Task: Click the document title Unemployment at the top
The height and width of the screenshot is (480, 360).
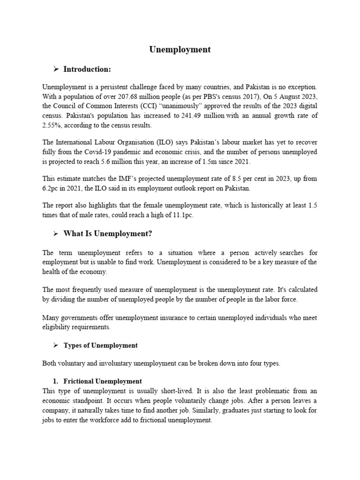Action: (x=180, y=50)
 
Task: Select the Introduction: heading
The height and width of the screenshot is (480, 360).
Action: (x=87, y=69)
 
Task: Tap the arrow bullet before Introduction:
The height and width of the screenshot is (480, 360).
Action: (x=56, y=69)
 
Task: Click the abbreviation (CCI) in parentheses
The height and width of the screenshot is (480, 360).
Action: (x=141, y=106)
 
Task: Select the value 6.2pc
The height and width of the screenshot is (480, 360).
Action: (x=52, y=188)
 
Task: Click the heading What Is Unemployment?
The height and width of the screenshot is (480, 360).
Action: (x=108, y=233)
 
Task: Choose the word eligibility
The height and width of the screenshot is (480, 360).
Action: (x=58, y=327)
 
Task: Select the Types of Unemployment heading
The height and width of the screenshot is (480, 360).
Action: (x=101, y=345)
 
